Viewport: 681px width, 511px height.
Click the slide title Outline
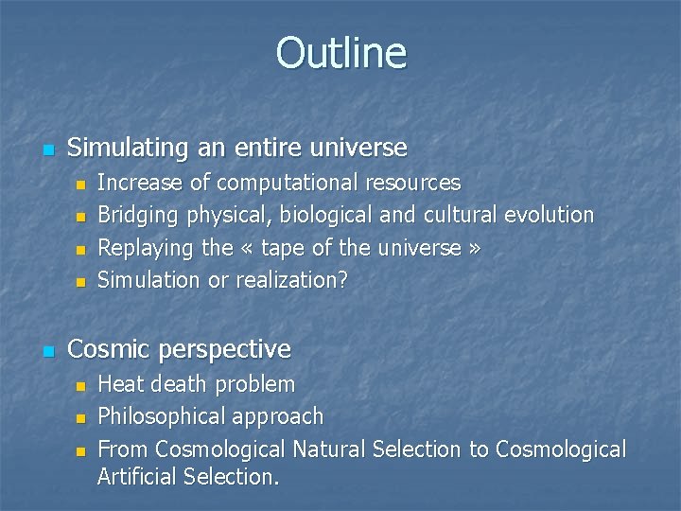[x=340, y=53]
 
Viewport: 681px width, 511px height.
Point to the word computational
[x=286, y=182]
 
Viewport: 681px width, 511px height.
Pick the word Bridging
[x=138, y=215]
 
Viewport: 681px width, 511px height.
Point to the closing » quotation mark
[x=474, y=249]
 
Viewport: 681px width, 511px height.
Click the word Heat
[x=120, y=384]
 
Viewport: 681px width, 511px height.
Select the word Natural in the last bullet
[x=331, y=449]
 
